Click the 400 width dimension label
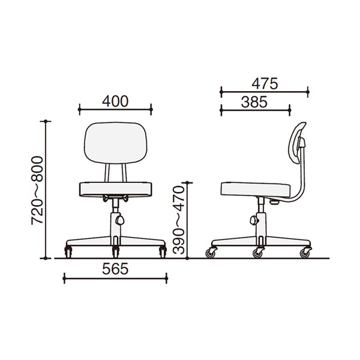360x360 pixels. click(115, 101)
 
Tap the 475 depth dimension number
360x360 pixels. click(265, 83)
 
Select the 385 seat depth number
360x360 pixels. click(254, 102)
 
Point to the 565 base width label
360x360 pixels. click(115, 269)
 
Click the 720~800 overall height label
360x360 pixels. click(37, 190)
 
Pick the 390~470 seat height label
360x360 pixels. click(179, 220)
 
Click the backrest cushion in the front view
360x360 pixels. click(115, 143)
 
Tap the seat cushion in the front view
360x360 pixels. click(115, 190)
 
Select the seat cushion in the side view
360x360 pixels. click(256, 190)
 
